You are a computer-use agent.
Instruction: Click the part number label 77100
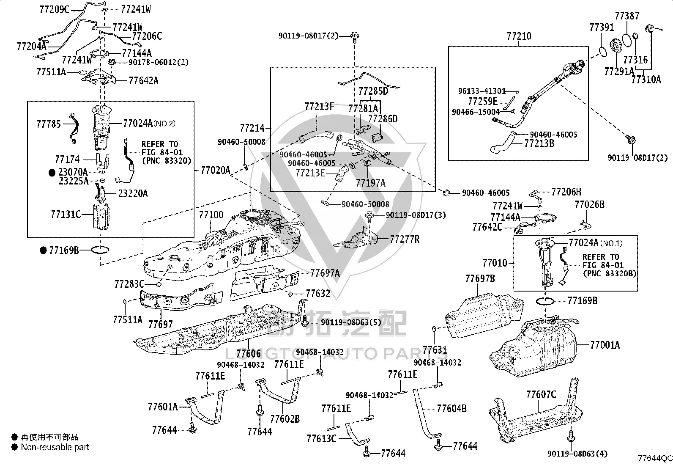211,215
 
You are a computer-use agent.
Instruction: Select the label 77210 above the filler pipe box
519,36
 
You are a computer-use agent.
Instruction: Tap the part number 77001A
605,345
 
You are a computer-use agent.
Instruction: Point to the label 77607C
541,394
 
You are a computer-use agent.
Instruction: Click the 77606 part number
248,354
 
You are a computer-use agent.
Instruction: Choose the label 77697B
480,278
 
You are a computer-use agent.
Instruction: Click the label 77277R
405,239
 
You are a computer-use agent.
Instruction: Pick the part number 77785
49,124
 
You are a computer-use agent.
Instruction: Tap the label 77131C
66,214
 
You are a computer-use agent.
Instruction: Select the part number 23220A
133,193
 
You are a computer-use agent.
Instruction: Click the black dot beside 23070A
52,172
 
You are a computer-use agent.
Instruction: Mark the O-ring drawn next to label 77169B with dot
100,250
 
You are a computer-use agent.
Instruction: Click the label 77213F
319,106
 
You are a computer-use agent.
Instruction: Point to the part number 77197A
370,183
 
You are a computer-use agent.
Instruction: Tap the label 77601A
162,407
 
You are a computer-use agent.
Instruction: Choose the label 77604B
451,408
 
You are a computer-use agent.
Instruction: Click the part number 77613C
321,438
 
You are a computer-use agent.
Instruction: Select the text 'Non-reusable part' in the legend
55,447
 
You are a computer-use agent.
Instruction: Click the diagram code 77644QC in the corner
655,458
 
